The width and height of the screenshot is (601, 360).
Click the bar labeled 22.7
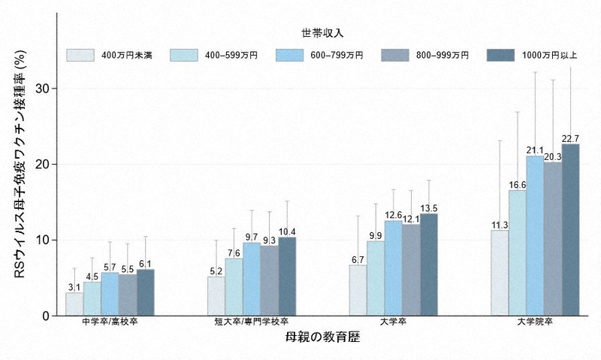[570, 229]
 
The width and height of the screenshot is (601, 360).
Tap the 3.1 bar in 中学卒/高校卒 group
[74, 304]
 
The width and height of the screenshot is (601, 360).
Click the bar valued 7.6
[234, 286]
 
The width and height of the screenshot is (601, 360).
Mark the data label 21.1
[535, 150]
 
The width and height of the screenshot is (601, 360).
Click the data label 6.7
[358, 259]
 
